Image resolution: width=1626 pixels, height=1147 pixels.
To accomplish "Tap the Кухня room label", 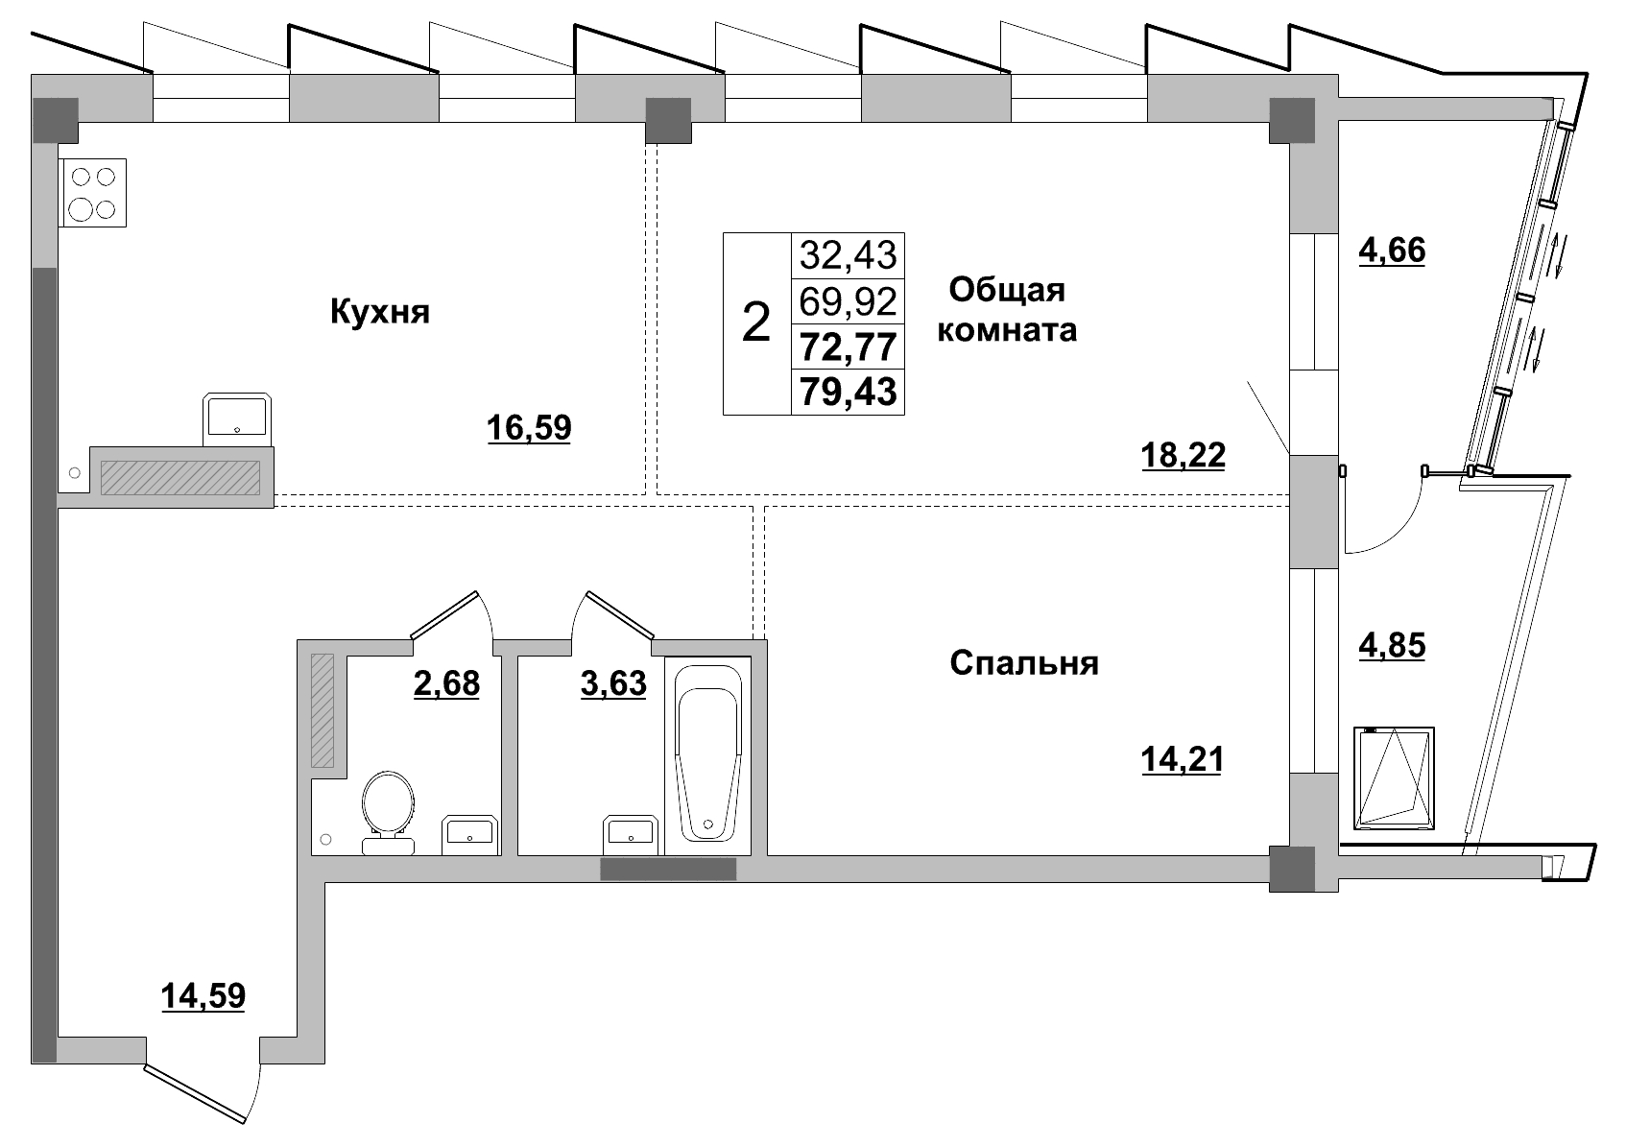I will point(379,312).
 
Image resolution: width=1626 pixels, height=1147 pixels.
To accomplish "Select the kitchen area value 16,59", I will point(529,427).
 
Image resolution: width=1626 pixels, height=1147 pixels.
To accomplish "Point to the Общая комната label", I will point(1006,309).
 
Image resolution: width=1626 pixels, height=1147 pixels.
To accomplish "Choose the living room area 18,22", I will point(1183,454).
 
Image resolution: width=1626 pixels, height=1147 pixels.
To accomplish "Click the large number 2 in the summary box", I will point(756,323).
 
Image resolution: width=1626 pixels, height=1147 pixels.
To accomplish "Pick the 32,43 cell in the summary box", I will point(848,255).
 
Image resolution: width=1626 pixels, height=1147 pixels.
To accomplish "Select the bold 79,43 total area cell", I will point(848,392).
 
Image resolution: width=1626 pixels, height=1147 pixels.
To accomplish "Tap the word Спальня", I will point(1023,663).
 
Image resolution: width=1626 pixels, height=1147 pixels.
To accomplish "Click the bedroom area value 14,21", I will point(1182,760).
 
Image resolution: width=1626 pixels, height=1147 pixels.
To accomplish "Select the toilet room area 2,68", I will point(446,684).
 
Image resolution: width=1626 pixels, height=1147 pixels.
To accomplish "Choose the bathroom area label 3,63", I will point(613,684).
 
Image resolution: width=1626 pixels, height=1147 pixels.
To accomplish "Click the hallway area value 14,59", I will point(203,996).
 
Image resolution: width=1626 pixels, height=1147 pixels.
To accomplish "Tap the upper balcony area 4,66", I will point(1392,251).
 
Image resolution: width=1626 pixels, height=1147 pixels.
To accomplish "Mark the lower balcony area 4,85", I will point(1392,645).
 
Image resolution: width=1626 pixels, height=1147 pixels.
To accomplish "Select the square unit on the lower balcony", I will point(1394,777).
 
